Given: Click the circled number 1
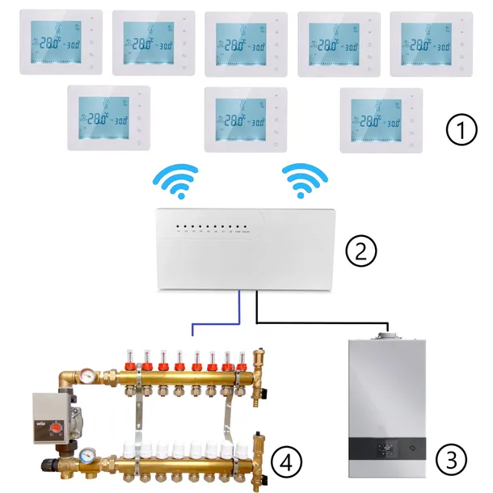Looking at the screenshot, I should pyautogui.click(x=461, y=129).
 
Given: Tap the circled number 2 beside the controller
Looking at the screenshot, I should pyautogui.click(x=360, y=251).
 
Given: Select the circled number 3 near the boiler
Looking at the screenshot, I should pyautogui.click(x=451, y=461).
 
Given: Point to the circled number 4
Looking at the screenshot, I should pyautogui.click(x=286, y=461).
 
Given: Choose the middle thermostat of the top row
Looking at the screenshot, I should pyautogui.click(x=246, y=44).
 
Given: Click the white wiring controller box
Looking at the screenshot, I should pyautogui.click(x=246, y=247).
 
